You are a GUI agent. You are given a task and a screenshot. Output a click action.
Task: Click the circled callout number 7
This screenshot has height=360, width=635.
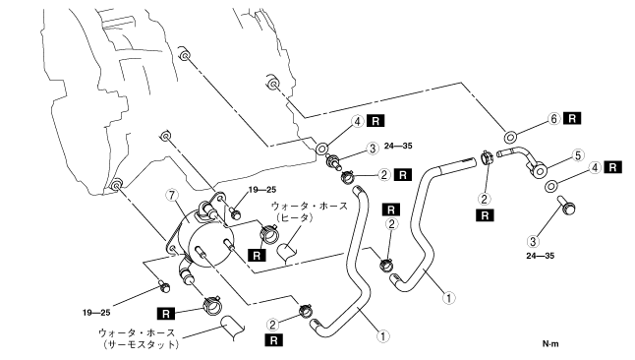[x=172, y=196]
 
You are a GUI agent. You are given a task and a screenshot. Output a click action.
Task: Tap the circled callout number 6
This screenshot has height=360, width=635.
[x=554, y=119]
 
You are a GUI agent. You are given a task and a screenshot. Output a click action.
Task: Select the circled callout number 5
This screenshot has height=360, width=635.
[x=578, y=155]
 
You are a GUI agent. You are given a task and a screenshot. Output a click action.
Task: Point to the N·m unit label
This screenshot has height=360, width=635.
[x=550, y=344]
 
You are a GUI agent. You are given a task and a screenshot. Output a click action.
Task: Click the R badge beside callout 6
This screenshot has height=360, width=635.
[x=572, y=118]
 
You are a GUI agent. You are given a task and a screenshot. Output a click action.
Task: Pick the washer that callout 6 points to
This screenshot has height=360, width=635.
[x=509, y=137]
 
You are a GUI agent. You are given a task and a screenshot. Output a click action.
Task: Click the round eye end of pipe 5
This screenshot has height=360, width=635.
[x=540, y=172]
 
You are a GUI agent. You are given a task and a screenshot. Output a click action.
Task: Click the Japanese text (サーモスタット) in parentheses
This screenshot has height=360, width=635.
[x=141, y=344]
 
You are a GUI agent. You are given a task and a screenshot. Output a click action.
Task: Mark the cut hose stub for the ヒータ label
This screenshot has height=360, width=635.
[x=287, y=253]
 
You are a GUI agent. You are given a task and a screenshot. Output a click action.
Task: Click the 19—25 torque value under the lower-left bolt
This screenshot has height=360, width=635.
[x=96, y=313]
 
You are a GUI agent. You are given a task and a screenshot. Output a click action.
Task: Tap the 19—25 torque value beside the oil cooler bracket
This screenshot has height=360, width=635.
[x=262, y=189]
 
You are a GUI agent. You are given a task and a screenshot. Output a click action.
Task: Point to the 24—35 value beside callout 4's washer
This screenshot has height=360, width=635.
[x=398, y=146]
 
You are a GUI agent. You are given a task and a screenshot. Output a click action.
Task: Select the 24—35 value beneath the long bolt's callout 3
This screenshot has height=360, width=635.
[x=541, y=256]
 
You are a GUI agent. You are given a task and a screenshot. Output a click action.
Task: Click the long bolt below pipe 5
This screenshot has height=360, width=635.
[x=566, y=206]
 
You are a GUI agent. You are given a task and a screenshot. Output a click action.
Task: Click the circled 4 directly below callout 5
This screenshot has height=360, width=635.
[x=595, y=167]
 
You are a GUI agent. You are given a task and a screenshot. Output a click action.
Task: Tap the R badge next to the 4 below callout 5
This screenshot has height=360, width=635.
[x=612, y=167]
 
